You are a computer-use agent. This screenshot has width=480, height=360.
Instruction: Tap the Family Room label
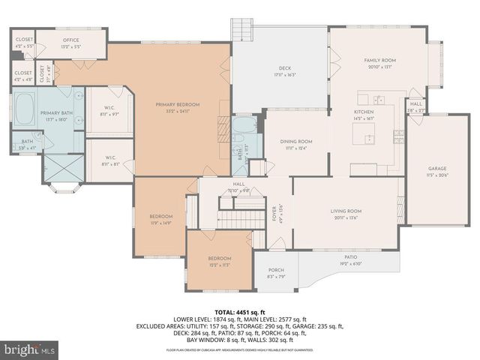(x=379, y=60)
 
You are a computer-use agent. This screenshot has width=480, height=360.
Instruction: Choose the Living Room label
(x=346, y=211)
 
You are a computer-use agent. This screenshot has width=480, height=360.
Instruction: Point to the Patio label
(x=350, y=256)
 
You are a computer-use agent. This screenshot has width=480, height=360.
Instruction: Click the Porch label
(x=277, y=271)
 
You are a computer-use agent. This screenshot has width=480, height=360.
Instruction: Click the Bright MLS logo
(x=30, y=349)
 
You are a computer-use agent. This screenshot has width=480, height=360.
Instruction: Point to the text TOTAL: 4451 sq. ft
(x=240, y=312)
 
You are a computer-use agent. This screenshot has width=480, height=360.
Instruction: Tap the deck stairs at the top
(x=241, y=30)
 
